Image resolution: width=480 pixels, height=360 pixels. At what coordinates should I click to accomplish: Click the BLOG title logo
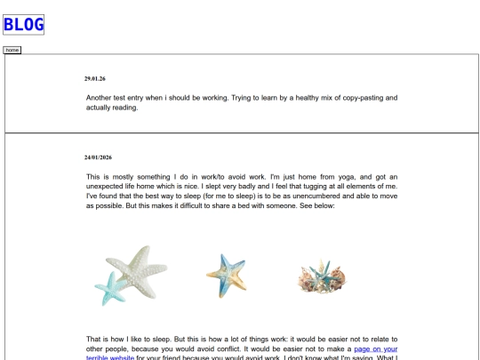[x=25, y=24]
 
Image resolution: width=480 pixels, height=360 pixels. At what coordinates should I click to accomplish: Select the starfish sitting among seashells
[x=321, y=276]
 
